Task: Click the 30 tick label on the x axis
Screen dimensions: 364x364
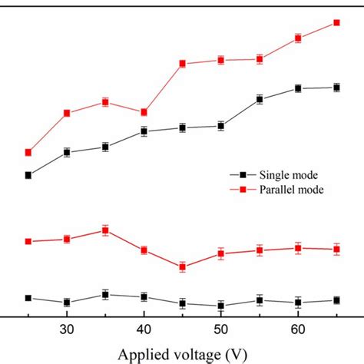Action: point(67,330)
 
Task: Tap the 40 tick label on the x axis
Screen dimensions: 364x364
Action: point(144,330)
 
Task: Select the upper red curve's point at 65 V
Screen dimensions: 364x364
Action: point(336,22)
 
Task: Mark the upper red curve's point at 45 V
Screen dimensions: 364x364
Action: point(183,64)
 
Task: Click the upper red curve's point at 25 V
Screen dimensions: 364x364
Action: point(28,152)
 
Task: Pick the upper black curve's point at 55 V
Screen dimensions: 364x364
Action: point(260,99)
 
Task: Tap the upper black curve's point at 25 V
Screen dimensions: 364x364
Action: point(28,175)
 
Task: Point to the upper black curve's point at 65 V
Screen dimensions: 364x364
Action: point(336,88)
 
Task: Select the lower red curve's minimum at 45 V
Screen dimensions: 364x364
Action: point(183,267)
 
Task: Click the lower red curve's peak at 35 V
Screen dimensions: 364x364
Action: point(105,230)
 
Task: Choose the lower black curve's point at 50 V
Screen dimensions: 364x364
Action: point(221,306)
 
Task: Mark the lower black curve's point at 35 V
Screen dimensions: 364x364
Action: point(105,294)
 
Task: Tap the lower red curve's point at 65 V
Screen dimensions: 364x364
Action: point(336,249)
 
